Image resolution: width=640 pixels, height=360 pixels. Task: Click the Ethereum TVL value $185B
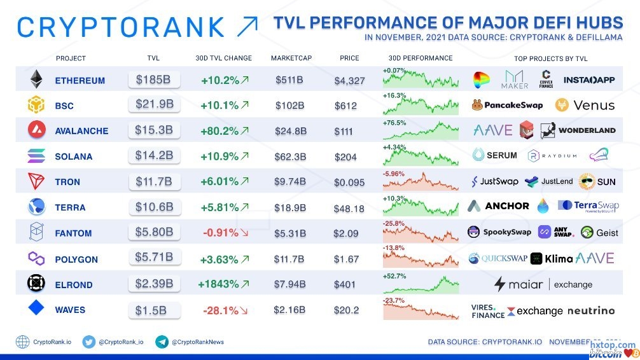pos(153,80)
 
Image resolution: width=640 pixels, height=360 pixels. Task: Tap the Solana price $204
pos(345,156)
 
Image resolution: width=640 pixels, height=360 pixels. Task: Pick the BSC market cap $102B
pos(289,106)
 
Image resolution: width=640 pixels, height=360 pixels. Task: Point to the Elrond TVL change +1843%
pos(220,284)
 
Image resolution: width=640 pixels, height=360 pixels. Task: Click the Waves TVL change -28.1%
pos(219,310)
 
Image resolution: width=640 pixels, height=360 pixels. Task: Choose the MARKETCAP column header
pos(291,59)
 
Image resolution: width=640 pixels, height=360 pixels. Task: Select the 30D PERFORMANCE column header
pos(420,59)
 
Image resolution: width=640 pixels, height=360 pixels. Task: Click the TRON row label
pos(67,182)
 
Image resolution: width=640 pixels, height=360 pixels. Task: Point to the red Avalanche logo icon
pos(36,130)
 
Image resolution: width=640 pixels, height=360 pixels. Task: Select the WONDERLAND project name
pos(587,130)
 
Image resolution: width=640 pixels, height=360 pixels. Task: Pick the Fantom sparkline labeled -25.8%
pos(421,233)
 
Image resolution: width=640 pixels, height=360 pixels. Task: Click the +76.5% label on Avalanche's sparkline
pos(394,122)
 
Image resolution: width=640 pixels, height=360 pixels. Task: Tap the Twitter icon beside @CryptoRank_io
pos(88,342)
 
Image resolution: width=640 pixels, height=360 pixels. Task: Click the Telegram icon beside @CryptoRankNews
pos(162,342)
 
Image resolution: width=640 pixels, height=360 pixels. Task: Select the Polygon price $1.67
pos(346,259)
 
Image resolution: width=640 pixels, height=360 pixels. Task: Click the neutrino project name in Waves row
pos(590,310)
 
